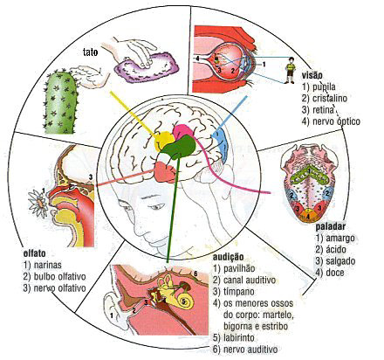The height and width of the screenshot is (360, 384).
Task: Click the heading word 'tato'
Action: click(x=90, y=52)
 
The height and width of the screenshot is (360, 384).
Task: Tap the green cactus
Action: click(x=60, y=102)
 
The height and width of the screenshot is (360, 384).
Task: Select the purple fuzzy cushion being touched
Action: click(x=146, y=68)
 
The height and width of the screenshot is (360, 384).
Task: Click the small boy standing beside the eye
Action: click(x=290, y=70)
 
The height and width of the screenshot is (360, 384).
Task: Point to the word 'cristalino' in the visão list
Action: click(x=330, y=98)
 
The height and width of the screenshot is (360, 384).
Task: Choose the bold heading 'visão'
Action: click(x=312, y=75)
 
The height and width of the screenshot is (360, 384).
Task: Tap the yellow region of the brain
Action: click(x=163, y=141)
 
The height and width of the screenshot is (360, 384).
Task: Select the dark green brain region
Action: click(x=180, y=147)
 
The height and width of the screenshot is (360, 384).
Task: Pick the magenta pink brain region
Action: click(x=182, y=132)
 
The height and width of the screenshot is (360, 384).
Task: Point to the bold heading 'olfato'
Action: click(x=34, y=253)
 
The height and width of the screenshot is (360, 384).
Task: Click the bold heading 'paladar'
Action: click(x=331, y=226)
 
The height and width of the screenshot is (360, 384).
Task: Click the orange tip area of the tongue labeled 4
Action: click(x=308, y=217)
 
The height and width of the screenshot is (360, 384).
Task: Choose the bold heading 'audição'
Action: click(x=228, y=257)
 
